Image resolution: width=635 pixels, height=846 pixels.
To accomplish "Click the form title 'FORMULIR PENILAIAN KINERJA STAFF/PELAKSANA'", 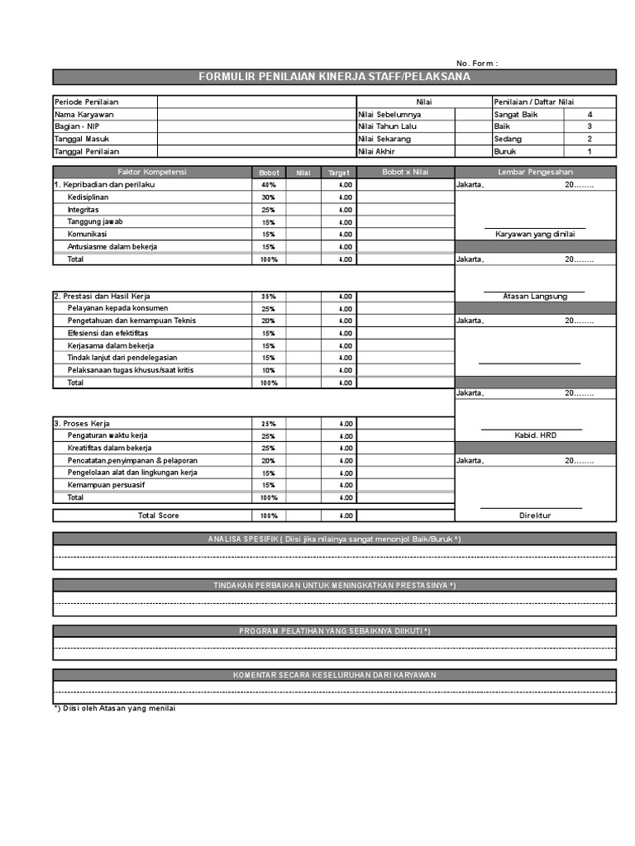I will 334,77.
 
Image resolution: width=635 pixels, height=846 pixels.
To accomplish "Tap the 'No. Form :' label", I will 477,64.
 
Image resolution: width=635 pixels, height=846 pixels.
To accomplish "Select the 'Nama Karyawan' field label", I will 84,115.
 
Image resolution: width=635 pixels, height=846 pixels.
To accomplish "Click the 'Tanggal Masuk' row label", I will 83,140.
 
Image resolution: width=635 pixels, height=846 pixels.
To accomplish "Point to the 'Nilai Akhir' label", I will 377,152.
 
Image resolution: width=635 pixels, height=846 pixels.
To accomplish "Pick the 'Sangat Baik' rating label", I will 516,115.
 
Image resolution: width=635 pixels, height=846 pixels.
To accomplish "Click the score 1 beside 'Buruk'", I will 590,152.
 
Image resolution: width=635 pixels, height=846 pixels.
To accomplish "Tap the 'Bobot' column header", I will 269,173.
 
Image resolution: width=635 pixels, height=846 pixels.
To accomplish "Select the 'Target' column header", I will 339,173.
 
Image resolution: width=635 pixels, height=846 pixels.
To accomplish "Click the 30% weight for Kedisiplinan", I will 269,197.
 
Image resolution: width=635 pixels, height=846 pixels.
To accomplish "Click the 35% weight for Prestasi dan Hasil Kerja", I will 269,297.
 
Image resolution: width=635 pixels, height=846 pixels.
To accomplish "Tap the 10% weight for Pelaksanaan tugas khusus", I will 269,370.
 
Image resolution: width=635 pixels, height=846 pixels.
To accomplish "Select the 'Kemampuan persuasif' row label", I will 106,485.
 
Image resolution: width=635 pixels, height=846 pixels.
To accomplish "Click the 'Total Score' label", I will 158,516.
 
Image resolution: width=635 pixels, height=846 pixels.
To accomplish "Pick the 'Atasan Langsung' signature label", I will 535,296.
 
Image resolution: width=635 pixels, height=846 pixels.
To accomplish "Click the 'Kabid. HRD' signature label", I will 534,435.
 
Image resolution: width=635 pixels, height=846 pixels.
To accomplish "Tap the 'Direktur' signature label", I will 535,516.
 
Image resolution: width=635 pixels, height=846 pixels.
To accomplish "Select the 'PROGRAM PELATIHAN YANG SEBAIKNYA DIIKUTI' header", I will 334,631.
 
